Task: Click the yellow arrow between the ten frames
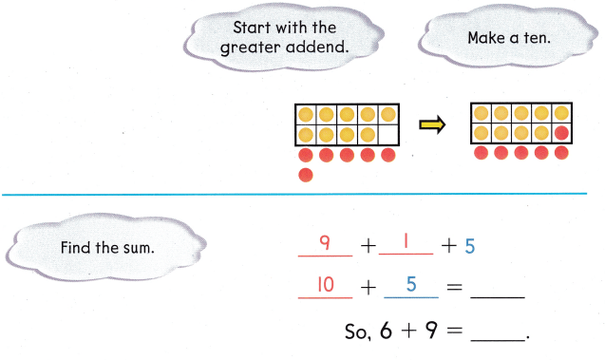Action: click(x=432, y=125)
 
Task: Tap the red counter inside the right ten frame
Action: click(x=561, y=133)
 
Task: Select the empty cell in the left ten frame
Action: click(x=388, y=134)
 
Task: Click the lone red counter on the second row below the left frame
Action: click(x=306, y=174)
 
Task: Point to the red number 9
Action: click(x=324, y=244)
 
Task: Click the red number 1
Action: click(x=404, y=244)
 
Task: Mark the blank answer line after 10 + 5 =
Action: click(x=497, y=294)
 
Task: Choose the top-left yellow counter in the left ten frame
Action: click(x=306, y=115)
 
